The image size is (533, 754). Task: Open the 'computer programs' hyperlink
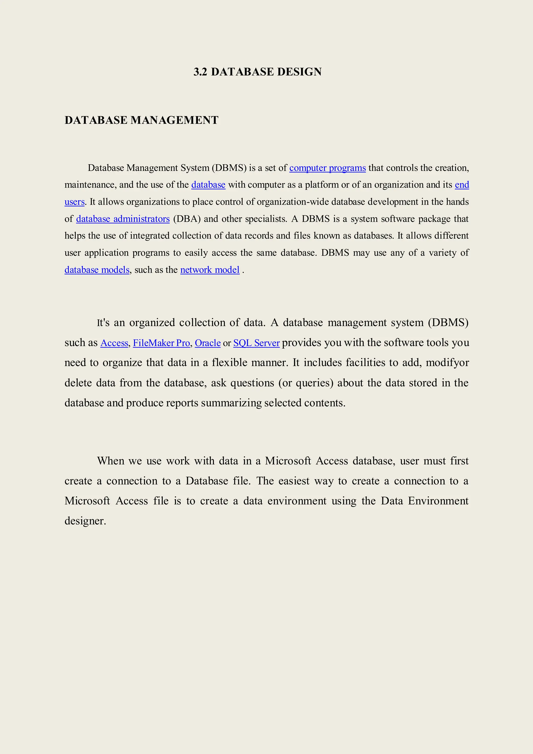point(327,168)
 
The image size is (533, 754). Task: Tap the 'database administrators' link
point(123,219)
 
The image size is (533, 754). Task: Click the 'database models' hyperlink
point(97,270)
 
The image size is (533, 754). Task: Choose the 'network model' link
point(210,270)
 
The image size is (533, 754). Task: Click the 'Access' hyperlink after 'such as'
point(114,343)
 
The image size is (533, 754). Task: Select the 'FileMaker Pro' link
point(161,343)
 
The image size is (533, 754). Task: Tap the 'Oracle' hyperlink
point(207,343)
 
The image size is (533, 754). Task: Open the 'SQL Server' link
point(256,343)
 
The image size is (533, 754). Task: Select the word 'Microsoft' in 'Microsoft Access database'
point(288,461)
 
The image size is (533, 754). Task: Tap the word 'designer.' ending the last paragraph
point(85,521)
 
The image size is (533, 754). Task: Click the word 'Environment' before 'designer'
point(438,501)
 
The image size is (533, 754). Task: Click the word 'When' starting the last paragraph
point(110,461)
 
